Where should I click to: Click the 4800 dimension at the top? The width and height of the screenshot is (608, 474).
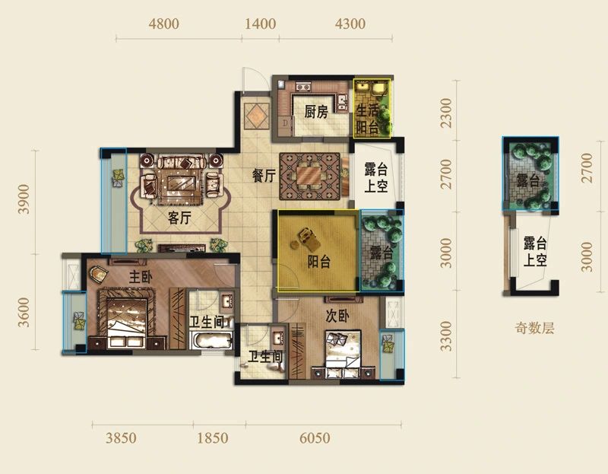click(x=163, y=24)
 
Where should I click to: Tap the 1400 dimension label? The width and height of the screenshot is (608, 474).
click(x=260, y=24)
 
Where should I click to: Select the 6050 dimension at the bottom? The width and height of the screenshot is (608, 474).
click(x=315, y=438)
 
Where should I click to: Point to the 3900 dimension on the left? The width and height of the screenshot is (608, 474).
click(x=24, y=199)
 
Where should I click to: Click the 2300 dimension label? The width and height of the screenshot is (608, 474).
click(x=447, y=113)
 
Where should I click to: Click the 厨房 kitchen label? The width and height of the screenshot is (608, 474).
click(x=316, y=112)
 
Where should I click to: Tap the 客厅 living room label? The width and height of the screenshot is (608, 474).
click(x=179, y=218)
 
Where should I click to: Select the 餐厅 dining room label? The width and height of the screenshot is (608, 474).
click(x=264, y=176)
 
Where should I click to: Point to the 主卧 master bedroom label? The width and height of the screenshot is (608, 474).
click(x=141, y=277)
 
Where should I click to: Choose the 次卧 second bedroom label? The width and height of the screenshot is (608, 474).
click(x=337, y=317)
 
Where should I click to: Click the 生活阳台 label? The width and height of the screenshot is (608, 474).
click(x=367, y=119)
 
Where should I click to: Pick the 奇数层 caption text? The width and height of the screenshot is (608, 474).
click(x=535, y=329)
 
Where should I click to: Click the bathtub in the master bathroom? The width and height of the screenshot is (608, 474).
click(x=211, y=340)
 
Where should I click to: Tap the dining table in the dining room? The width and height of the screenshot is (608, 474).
click(x=309, y=177)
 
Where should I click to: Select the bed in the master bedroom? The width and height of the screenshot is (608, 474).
click(x=126, y=318)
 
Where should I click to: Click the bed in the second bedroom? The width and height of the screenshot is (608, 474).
click(x=344, y=354)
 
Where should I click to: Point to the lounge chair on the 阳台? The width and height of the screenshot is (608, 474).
click(x=308, y=238)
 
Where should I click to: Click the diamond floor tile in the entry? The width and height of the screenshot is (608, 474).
click(x=257, y=116)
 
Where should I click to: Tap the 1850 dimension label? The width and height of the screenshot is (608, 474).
click(x=213, y=438)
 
